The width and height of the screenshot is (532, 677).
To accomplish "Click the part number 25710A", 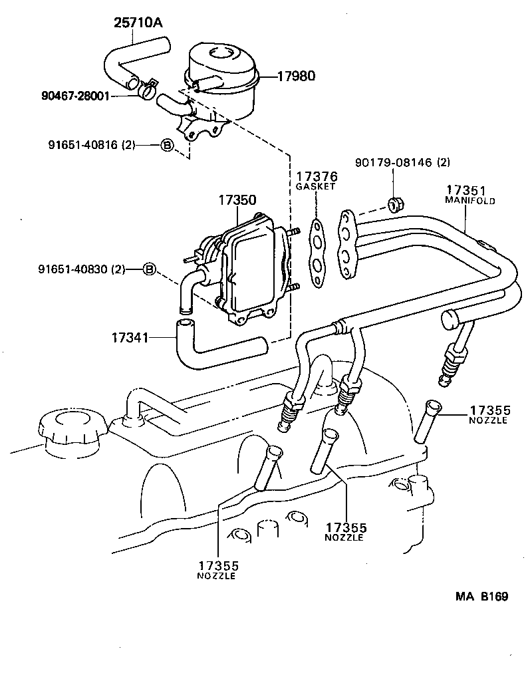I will tap(138, 23).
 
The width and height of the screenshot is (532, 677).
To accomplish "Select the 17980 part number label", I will tap(293, 76).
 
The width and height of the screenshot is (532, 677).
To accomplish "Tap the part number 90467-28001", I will tap(74, 96).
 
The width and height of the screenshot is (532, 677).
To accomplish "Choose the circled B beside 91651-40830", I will tap(150, 269).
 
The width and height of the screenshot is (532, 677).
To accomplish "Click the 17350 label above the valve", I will tap(237, 200).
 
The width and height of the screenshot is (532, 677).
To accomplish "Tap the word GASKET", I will tap(317, 188).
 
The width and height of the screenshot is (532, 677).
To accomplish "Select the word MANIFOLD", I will tap(469, 200).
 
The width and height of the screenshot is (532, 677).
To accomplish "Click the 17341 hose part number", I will tap(131, 337).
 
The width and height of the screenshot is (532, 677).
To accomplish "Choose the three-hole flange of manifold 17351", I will tap(346, 243).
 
